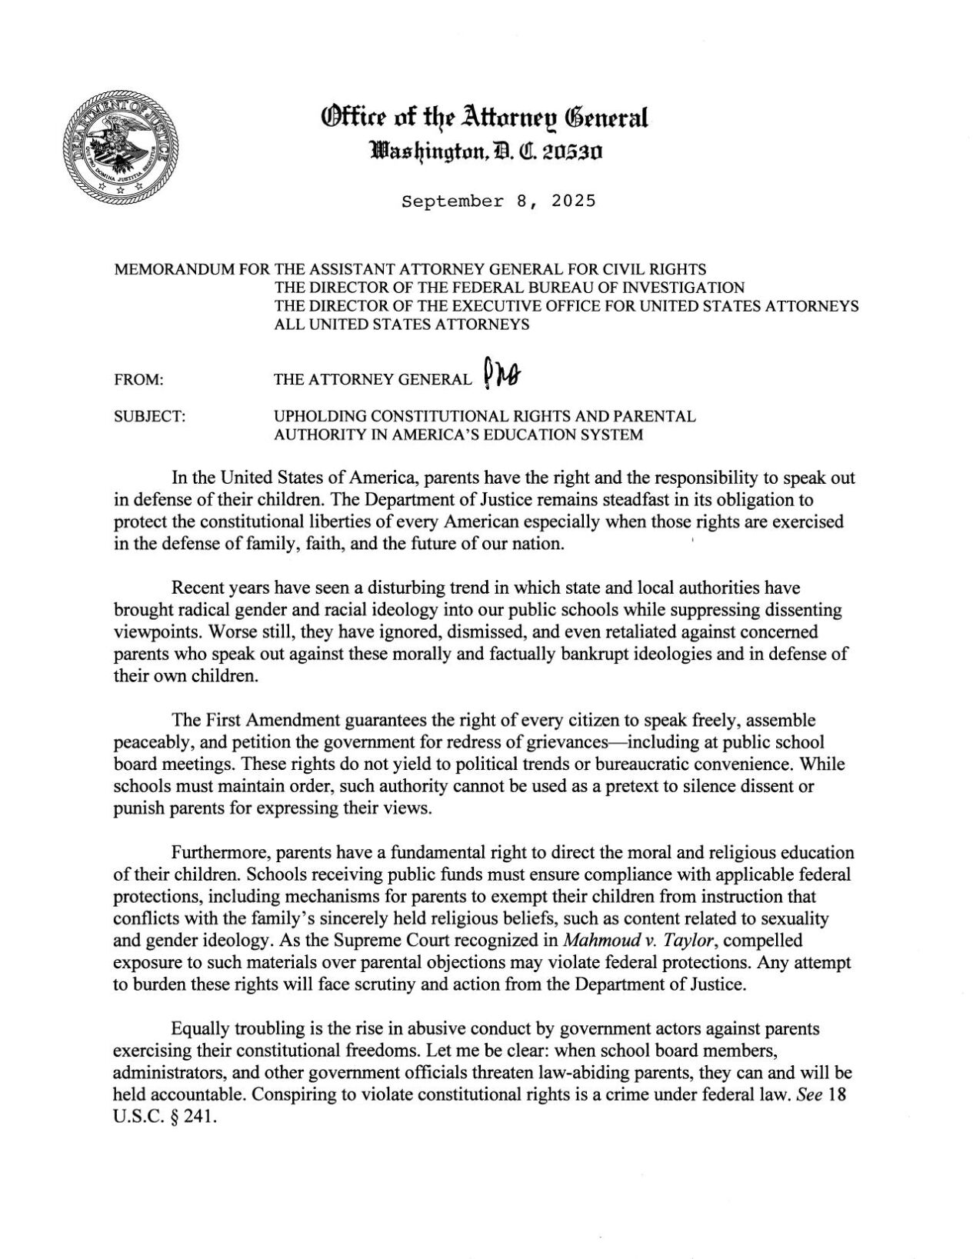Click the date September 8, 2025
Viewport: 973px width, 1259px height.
click(x=498, y=202)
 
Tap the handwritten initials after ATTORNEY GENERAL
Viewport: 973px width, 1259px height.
click(x=501, y=375)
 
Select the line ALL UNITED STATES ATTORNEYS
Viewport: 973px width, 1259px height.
click(x=402, y=325)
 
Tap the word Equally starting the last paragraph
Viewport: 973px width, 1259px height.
click(x=197, y=1028)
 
